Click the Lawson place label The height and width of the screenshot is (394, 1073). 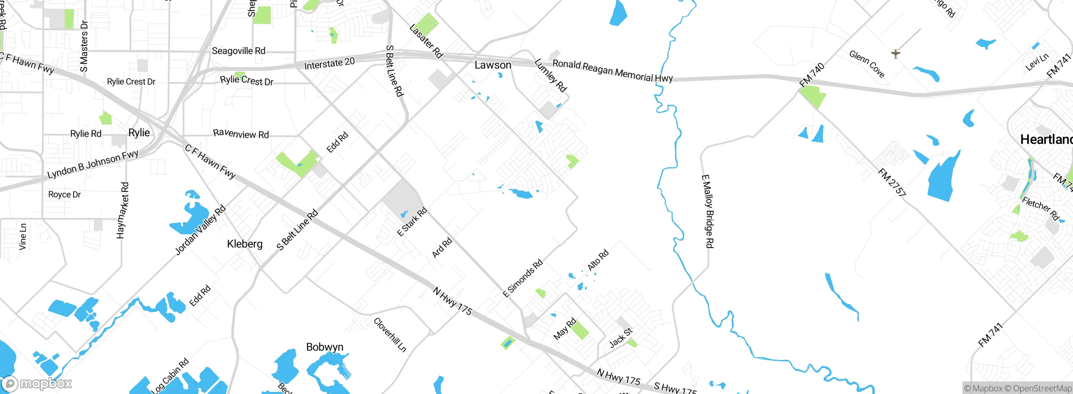pos(492,65)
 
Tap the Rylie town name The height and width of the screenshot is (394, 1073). pos(139,133)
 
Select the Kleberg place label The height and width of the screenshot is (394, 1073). pos(245,244)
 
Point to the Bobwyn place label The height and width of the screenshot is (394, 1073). pos(324,347)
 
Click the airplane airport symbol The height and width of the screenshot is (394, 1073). pos(895,54)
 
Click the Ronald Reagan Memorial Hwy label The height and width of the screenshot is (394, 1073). pos(612,71)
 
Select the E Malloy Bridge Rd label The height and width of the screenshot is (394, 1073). pos(707,211)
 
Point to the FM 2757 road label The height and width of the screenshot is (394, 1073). pos(892,182)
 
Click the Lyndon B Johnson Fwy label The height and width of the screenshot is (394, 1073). pos(93,164)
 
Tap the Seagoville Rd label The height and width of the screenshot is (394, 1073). pos(238,51)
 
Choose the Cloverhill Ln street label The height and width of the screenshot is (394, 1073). pos(390,334)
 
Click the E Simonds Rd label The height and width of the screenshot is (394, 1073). pos(523,278)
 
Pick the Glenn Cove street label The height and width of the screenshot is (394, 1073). pos(867,64)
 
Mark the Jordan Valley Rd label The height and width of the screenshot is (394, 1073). pos(200,230)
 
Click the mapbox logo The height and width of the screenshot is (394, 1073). pos(37,383)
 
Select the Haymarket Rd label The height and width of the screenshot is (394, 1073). pos(122,210)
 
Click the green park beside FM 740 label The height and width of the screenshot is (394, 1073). pos(813,97)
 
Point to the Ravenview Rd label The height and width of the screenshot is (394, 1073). pos(241,134)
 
